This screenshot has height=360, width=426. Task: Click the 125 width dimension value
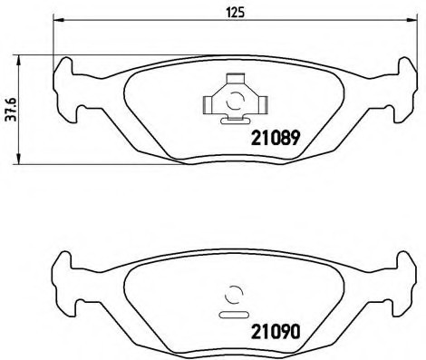click(x=231, y=12)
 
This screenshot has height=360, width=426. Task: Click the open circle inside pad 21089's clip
click(x=234, y=102)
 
